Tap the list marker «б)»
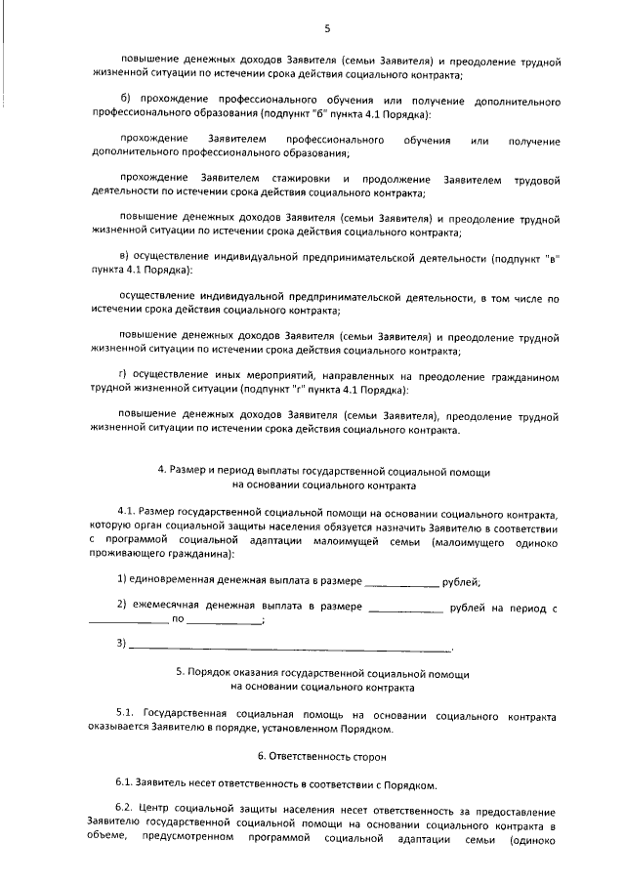(124, 102)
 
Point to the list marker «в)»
(124, 258)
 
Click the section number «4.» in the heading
(162, 471)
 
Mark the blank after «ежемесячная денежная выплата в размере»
(406, 610)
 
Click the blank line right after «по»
(224, 623)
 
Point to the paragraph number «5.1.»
(126, 714)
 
